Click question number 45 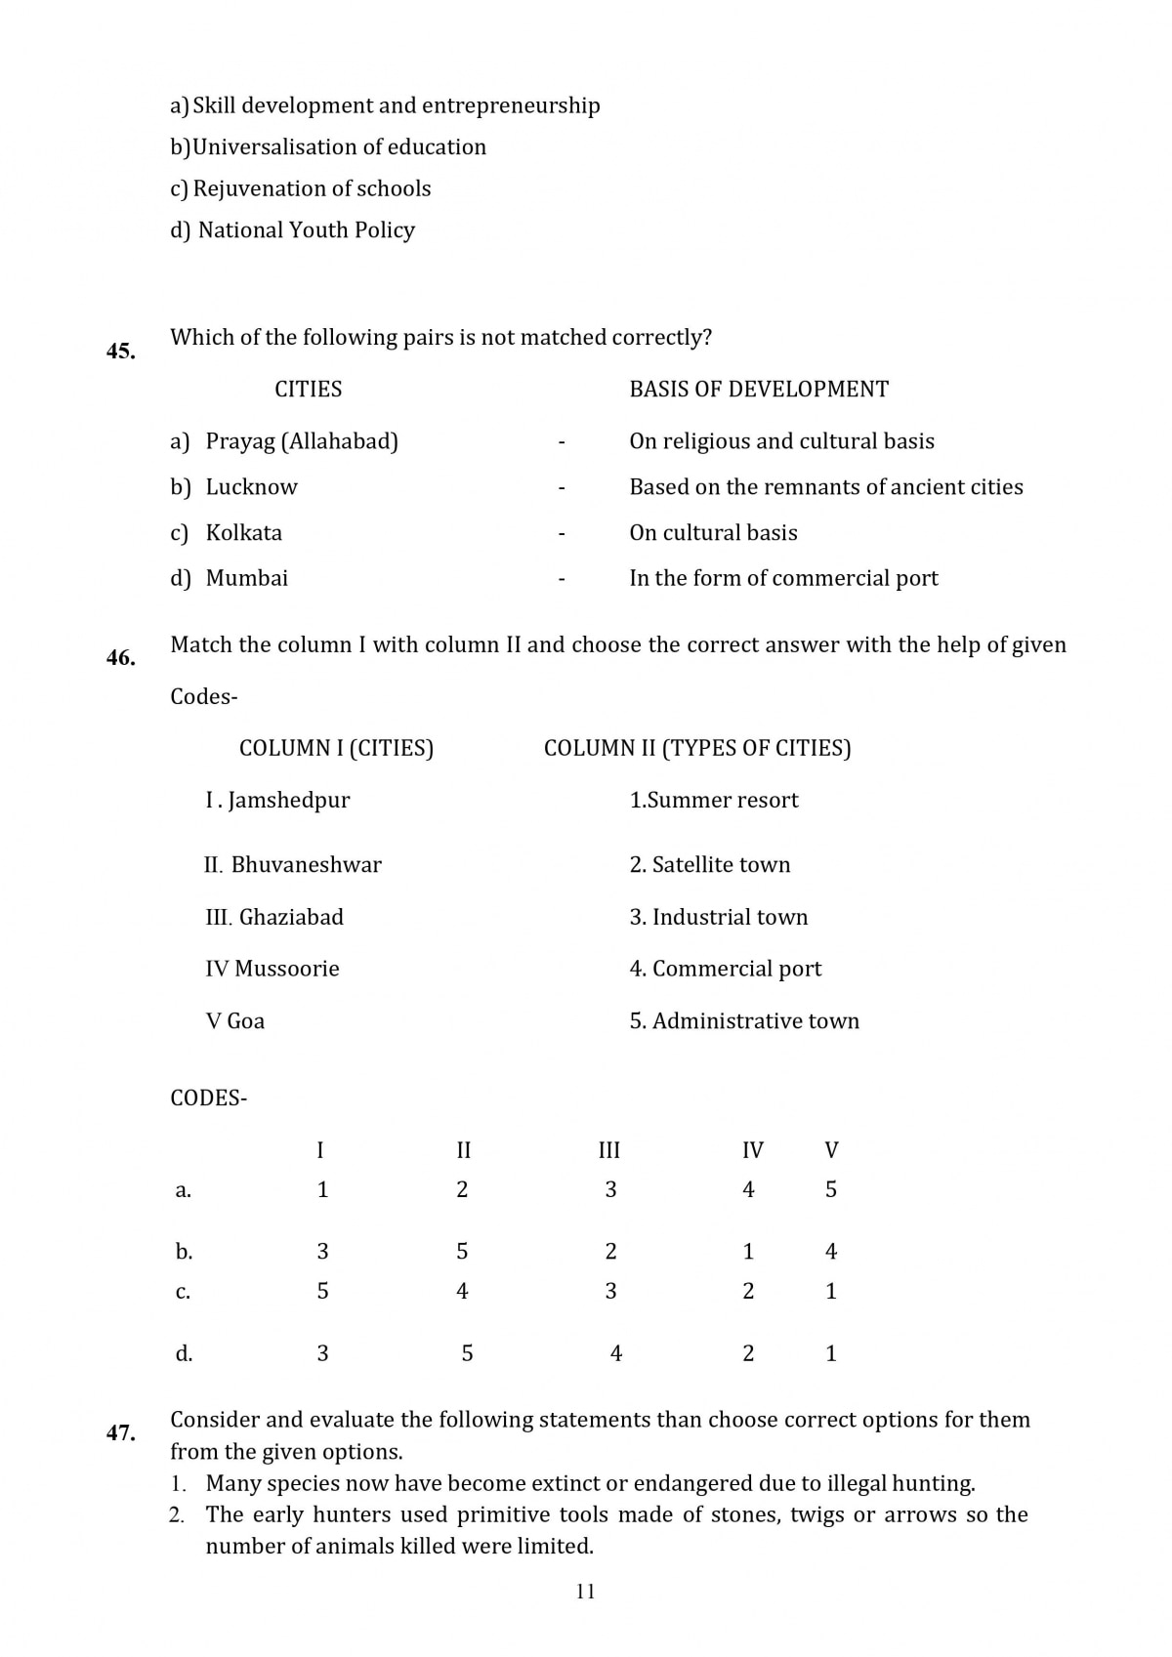pos(121,352)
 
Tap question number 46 pos(121,659)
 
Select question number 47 pos(121,1433)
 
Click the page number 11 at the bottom pos(586,1592)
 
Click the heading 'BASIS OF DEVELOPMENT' pos(759,390)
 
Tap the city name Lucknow pos(251,487)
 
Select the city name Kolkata pos(243,533)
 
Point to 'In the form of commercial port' pos(783,578)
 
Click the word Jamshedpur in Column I pos(289,801)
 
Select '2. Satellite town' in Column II pos(710,865)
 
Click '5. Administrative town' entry pos(744,1021)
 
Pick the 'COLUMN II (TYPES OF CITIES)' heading pos(697,748)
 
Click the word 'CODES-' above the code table pos(208,1098)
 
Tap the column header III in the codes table pos(609,1150)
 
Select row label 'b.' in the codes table pos(184,1252)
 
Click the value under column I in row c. pos(323,1291)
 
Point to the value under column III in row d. pos(616,1353)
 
